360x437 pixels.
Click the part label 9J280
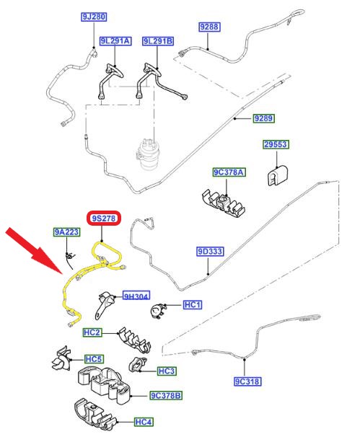95,17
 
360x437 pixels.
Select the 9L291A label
115,41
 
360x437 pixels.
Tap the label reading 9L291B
158,41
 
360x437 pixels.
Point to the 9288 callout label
210,27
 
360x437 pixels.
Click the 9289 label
264,118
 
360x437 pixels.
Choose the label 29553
276,144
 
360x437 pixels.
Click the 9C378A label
229,172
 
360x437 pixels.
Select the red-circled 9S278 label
104,218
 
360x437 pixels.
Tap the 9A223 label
67,232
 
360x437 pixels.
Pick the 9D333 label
210,252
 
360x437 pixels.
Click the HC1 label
193,304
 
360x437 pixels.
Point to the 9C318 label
247,381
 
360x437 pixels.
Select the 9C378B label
166,395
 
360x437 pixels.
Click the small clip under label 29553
276,175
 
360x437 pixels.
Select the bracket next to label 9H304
105,303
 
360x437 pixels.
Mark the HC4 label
144,422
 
